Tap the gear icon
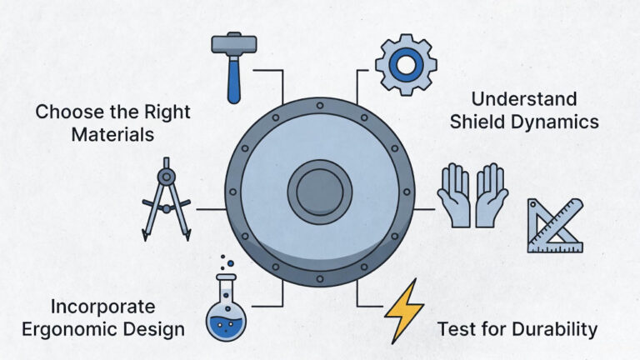click(406, 65)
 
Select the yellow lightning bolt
click(404, 311)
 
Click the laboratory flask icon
click(226, 302)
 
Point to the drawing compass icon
click(166, 199)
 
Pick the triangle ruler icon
click(555, 226)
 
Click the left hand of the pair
click(455, 196)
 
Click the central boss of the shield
click(320, 192)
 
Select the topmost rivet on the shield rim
click(320, 106)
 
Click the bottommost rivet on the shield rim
click(320, 279)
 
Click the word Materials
click(112, 135)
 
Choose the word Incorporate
click(102, 307)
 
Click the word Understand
click(524, 99)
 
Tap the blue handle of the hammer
click(234, 80)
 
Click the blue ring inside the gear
click(406, 65)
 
